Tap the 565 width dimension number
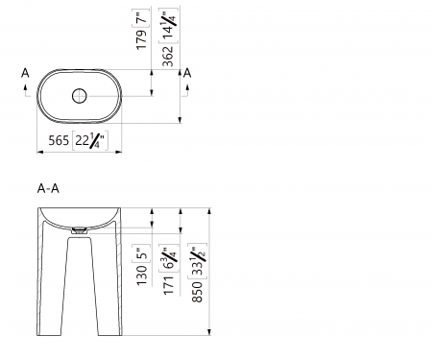(x=59, y=140)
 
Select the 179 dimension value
(x=141, y=40)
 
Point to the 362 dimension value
(x=168, y=57)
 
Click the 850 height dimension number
(x=197, y=292)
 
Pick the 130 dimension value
(x=142, y=276)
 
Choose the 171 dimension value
(x=169, y=284)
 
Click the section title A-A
(x=48, y=188)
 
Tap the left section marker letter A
(x=25, y=73)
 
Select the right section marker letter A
(x=187, y=73)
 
